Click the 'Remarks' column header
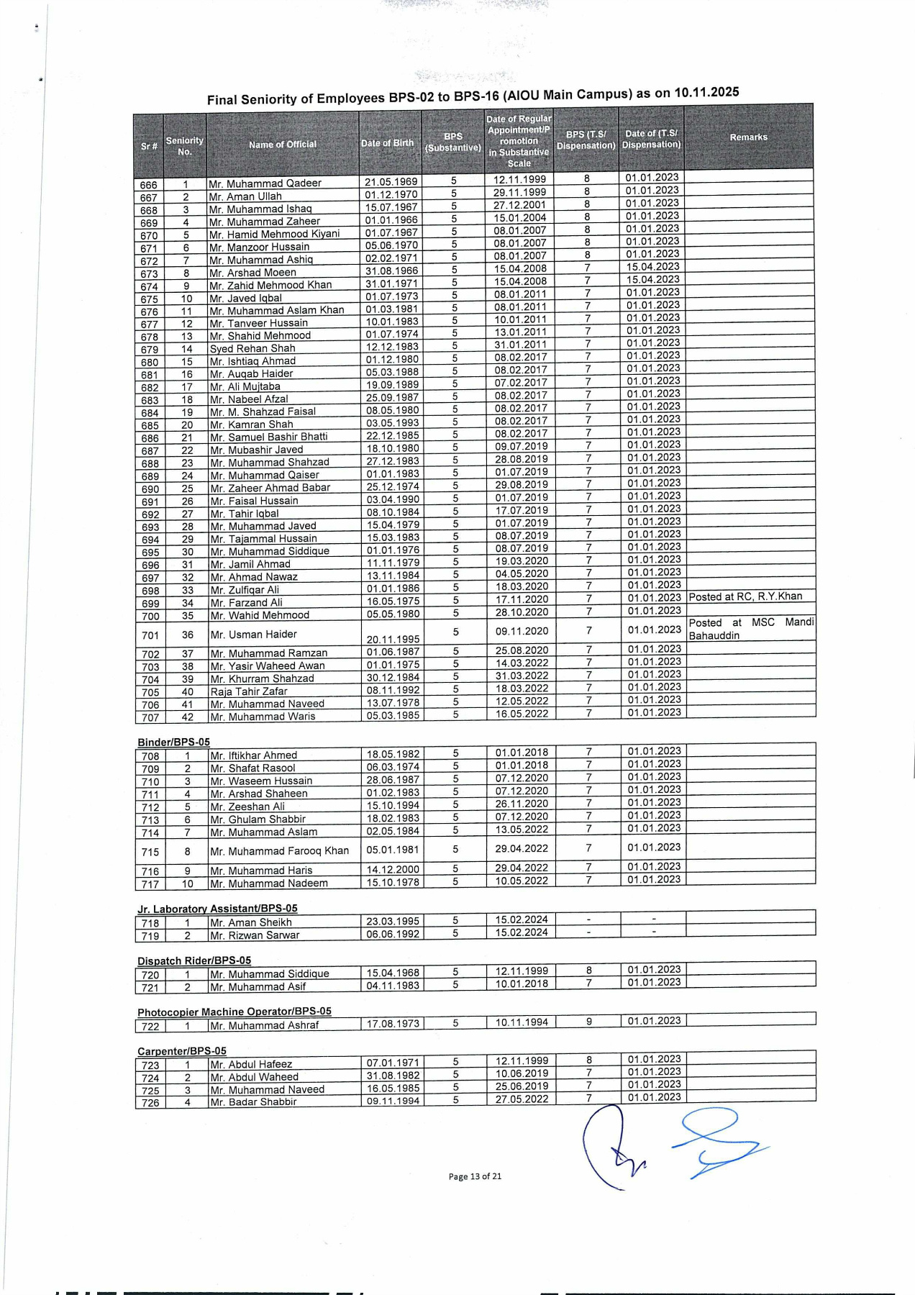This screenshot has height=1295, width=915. coord(748,137)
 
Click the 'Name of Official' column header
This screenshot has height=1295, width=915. coord(282,145)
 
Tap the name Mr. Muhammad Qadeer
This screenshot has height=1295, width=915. coord(265,183)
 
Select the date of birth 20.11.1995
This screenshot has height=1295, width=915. coord(393,639)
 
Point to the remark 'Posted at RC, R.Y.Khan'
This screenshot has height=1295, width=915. coord(745,597)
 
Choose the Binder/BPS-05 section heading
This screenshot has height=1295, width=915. coord(173,742)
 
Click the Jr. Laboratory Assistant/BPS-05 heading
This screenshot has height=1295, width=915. coord(217,909)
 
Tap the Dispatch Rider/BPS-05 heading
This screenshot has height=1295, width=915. coord(194,960)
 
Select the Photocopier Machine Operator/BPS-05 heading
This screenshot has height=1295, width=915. coord(234,1012)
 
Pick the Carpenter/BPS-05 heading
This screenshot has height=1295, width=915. coord(182,1051)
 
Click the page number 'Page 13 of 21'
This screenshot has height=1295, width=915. coord(475,1177)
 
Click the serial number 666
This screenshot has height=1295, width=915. coord(149,185)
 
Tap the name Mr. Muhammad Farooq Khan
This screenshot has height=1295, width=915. coord(279,851)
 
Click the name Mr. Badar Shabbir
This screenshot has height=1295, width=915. coord(253,1102)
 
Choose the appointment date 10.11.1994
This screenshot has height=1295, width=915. coord(522,1022)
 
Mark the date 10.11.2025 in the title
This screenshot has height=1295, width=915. coord(706,92)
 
